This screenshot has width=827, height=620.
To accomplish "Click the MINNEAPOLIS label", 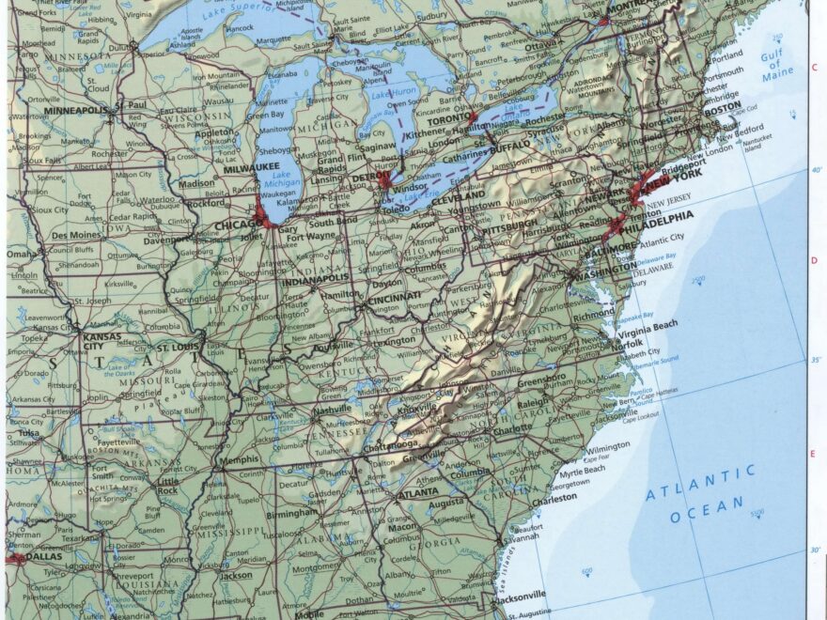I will click(x=76, y=110).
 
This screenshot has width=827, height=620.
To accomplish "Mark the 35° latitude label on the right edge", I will click(x=815, y=360).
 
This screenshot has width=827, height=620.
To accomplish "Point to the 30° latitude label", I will click(x=815, y=550).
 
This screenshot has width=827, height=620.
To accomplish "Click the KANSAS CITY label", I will click(x=101, y=341).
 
